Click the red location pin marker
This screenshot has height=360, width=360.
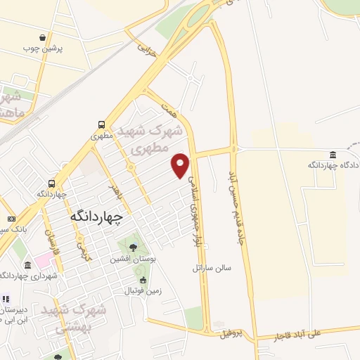tap(181, 165)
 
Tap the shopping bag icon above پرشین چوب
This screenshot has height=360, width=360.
tap(44, 37)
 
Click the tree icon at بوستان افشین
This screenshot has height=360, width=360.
tap(133, 247)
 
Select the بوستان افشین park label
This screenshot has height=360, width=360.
tap(129, 259)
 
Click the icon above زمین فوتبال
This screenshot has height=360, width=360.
tap(143, 280)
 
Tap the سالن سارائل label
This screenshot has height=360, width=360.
tap(212, 268)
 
